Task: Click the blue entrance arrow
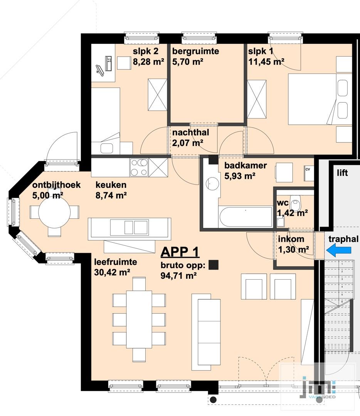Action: (338, 250)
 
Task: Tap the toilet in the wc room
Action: (295, 203)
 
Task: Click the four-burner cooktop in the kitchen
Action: (139, 168)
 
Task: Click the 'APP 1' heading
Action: (180, 252)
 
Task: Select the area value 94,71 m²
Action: (178, 276)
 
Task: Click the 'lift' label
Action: (342, 173)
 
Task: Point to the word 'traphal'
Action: (343, 239)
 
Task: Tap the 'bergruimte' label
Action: (196, 51)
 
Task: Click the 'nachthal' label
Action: (191, 132)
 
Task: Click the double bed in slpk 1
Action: (320, 99)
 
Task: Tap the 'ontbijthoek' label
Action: (56, 185)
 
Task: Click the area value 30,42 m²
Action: (112, 272)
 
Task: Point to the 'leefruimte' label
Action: (116, 262)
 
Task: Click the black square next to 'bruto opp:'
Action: (214, 265)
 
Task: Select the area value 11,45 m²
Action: (266, 62)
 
